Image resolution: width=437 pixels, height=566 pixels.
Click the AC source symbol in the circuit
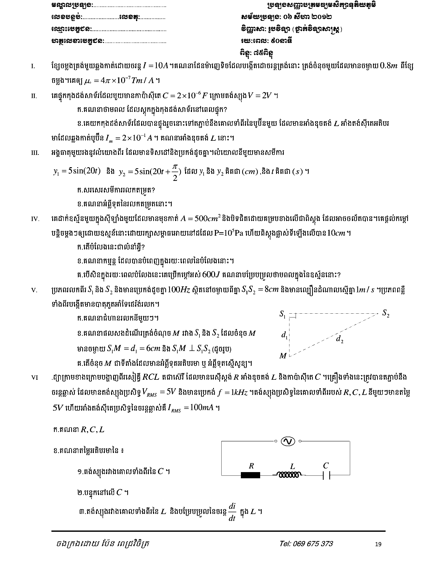[288, 441]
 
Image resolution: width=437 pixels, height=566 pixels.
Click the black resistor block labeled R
[250, 475]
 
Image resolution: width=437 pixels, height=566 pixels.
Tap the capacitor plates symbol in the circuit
[326, 475]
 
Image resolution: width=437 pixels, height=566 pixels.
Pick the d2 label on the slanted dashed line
[339, 339]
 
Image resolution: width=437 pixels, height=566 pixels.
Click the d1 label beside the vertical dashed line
[284, 335]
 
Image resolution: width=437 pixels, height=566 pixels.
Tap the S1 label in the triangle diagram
[283, 314]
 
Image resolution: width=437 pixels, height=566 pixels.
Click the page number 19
[378, 544]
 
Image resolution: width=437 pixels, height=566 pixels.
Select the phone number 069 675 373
[306, 543]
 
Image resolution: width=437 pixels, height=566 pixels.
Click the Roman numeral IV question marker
[35, 219]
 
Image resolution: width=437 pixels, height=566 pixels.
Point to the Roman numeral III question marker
[35, 153]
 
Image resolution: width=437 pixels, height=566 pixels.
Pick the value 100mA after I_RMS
[202, 408]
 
